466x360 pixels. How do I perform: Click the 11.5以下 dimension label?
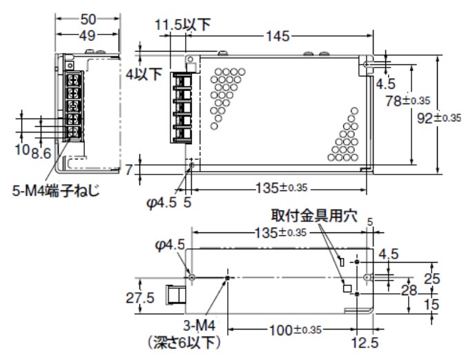pyautogui.click(x=182, y=26)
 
